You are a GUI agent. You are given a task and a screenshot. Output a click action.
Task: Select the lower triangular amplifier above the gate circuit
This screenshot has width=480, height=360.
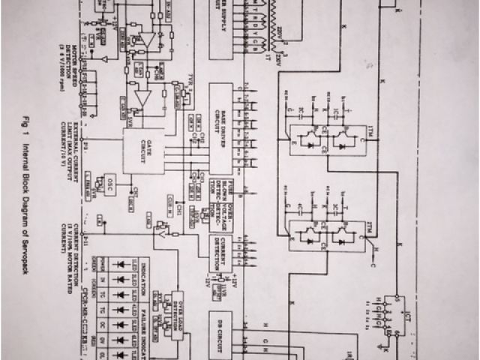coord(145,97)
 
